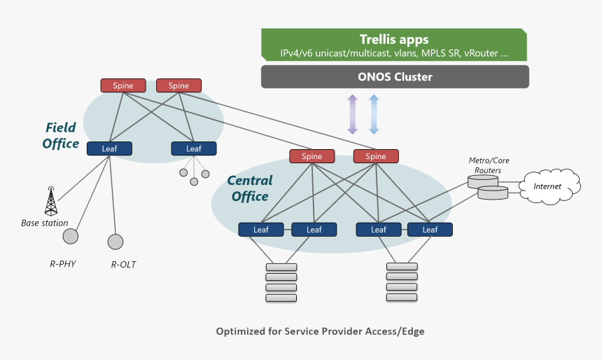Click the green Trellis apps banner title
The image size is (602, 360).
tap(393, 39)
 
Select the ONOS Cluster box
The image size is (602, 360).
tap(395, 77)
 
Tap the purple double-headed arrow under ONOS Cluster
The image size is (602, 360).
tap(352, 113)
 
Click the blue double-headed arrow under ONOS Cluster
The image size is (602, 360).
tap(374, 113)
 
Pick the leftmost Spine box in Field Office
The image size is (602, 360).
tap(123, 85)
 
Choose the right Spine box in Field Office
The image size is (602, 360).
tap(178, 85)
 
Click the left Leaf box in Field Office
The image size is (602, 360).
tap(109, 148)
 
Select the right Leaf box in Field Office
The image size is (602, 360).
tap(194, 148)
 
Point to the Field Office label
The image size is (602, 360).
tap(61, 136)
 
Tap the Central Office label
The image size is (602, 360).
tap(250, 188)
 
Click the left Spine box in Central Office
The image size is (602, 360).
tap(312, 156)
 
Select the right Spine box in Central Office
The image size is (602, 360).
tap(376, 156)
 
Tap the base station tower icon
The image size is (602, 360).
tap(50, 201)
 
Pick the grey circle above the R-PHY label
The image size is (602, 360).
tap(71, 236)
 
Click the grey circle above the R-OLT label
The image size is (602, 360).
tap(115, 242)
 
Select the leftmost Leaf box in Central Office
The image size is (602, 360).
tap(260, 229)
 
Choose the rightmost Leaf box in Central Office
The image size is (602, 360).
tap(430, 229)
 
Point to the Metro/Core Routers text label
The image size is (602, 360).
tap(489, 165)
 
